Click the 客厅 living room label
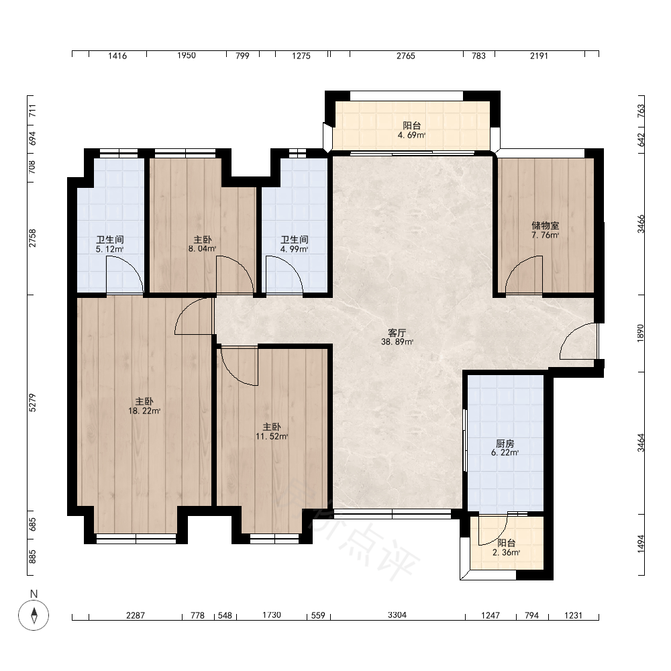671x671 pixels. point(397,333)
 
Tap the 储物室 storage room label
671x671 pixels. point(545,225)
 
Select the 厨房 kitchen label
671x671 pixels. point(505,444)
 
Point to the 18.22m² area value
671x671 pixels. point(144,411)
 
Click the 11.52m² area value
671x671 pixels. point(272,437)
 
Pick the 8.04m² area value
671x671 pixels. point(202,249)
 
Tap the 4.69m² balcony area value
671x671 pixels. point(411,136)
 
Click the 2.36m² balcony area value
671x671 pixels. point(506,552)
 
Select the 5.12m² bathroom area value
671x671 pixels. point(109,249)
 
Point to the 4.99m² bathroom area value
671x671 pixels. point(295,249)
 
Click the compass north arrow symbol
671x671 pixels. point(34,615)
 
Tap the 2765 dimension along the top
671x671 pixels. point(406,56)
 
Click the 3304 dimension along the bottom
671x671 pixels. point(397,615)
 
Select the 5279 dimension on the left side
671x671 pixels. point(32,403)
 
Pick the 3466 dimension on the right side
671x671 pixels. point(641,224)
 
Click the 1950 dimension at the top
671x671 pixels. point(187,56)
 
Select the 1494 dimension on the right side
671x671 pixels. point(641,544)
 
